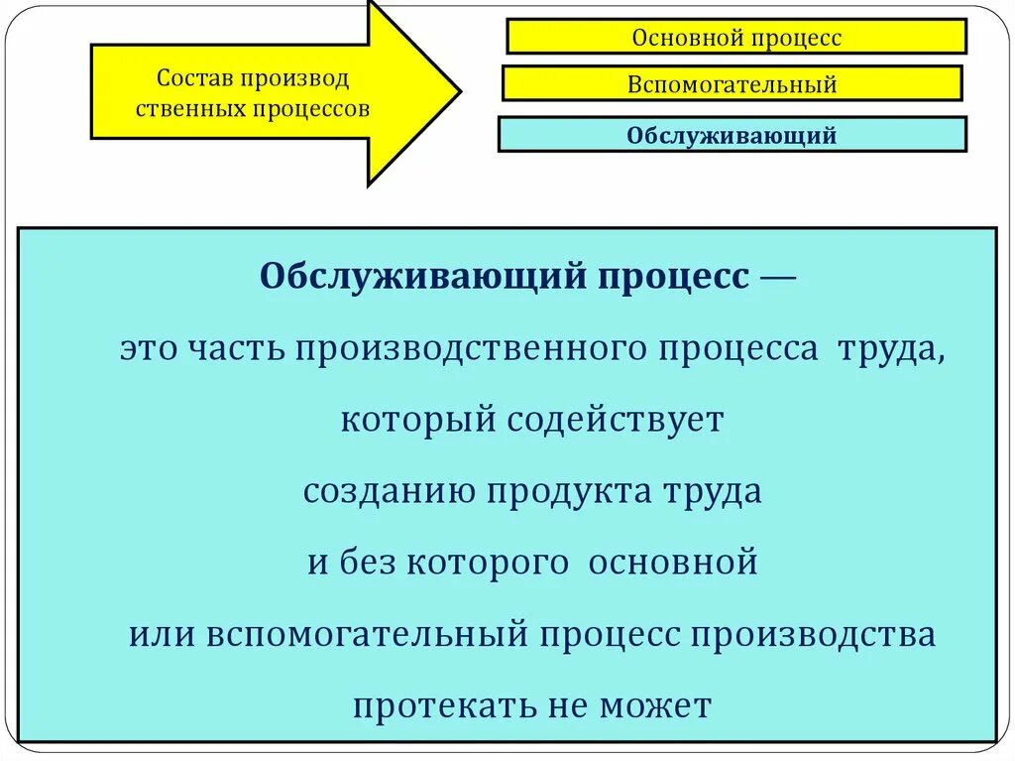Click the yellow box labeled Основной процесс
(x=735, y=37)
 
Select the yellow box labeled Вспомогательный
(x=732, y=83)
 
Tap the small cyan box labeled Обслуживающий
(x=732, y=134)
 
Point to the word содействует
(x=616, y=420)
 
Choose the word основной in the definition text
(x=673, y=563)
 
